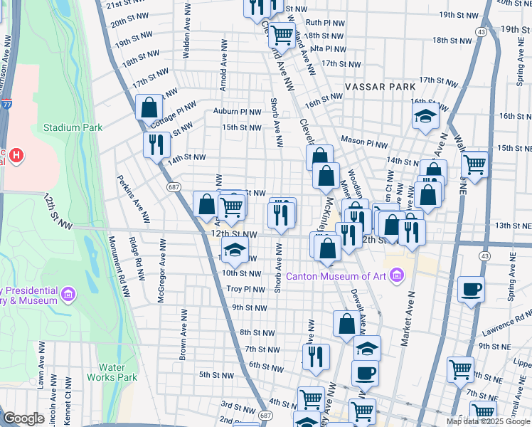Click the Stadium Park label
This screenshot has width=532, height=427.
click(73, 128)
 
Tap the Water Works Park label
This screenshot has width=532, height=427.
click(112, 372)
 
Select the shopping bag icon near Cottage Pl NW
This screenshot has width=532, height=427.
click(149, 108)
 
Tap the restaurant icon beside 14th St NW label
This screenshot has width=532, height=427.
click(156, 144)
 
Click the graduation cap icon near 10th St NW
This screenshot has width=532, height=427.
click(234, 250)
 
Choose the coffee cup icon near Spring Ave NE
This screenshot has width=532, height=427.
click(471, 290)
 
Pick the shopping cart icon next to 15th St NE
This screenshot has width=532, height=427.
click(474, 164)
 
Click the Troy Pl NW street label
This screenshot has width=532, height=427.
click(245, 290)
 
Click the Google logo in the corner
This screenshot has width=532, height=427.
click(23, 418)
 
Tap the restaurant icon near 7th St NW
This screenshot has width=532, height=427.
click(316, 356)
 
